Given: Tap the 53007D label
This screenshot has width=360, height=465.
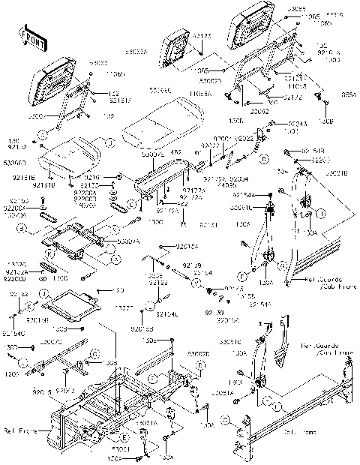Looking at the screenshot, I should pyautogui.click(x=198, y=352).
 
